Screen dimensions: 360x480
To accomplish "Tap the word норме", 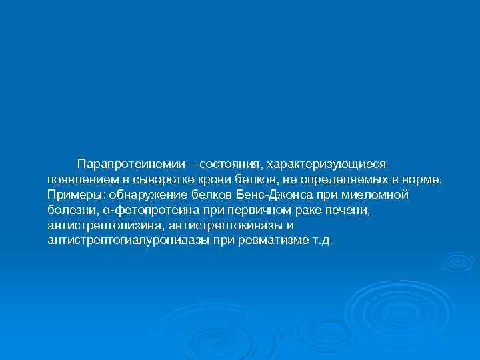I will pyautogui.click(x=420, y=180).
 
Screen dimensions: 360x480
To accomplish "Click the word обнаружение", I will pyautogui.click(x=142, y=195).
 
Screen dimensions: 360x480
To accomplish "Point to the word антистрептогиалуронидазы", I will pyautogui.click(x=129, y=241).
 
